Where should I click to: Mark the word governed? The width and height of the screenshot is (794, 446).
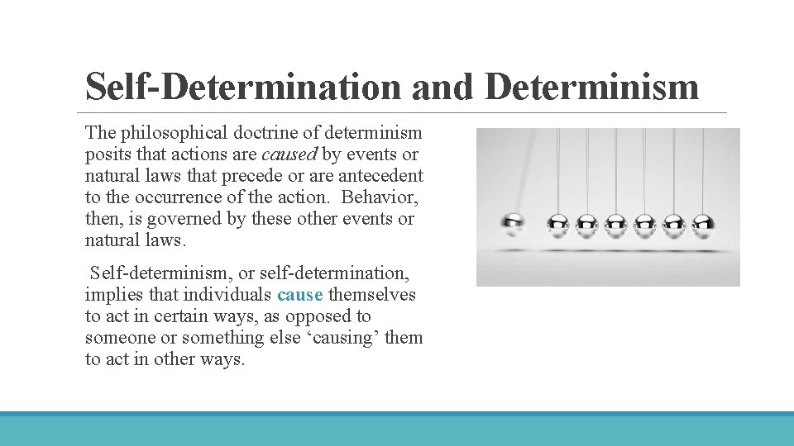[188, 219]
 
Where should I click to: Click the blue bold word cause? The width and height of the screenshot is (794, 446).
[299, 295]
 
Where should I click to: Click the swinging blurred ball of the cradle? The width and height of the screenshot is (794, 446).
[514, 222]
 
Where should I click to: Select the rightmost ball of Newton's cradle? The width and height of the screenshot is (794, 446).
[703, 222]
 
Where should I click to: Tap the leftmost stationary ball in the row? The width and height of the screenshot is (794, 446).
[558, 222]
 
